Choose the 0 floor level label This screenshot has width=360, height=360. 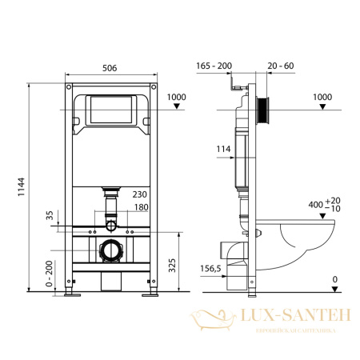[335, 279]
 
